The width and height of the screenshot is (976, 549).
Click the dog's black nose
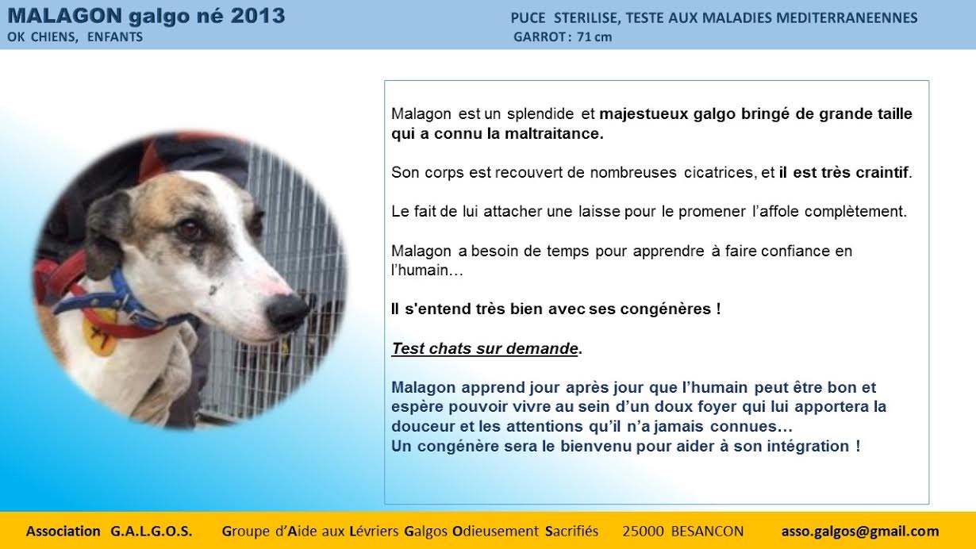[x=286, y=313]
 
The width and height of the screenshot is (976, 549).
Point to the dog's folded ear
[x=106, y=236]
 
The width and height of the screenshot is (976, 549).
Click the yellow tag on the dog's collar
[x=102, y=332]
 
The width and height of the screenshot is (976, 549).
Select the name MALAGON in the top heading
[x=65, y=16]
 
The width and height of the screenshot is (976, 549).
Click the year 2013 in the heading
[x=258, y=16]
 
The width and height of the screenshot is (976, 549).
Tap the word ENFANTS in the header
[x=115, y=37]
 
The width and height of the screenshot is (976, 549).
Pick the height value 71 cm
[x=594, y=37]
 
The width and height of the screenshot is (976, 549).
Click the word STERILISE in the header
[x=586, y=18]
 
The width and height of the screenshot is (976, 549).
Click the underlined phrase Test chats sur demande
[x=485, y=348]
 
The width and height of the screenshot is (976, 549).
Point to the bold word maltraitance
[x=554, y=133]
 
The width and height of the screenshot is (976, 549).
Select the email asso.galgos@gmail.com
[x=860, y=531]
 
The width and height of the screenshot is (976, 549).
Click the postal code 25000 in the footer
[x=643, y=531]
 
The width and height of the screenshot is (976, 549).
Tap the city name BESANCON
[x=708, y=531]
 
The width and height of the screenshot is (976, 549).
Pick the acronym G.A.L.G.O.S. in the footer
[x=152, y=531]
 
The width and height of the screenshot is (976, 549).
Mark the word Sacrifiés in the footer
[x=571, y=531]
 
